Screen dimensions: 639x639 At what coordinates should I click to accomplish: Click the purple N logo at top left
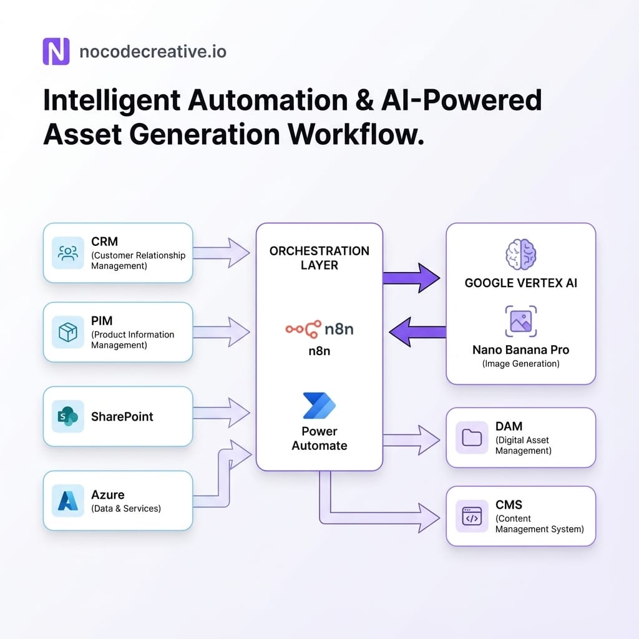click(x=56, y=51)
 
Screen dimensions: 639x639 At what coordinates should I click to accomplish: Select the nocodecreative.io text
click(x=153, y=51)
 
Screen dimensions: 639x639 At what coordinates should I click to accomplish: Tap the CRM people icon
click(x=67, y=253)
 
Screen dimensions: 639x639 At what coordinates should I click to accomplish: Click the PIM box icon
click(x=67, y=332)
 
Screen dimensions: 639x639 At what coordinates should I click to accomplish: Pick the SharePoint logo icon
click(x=67, y=416)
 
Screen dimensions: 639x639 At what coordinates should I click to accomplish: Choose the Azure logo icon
click(x=67, y=500)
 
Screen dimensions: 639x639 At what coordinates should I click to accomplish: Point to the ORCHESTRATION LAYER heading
click(x=319, y=258)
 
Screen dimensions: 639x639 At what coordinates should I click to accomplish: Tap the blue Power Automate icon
click(x=319, y=406)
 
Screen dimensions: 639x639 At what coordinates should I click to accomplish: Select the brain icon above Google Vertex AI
click(x=520, y=255)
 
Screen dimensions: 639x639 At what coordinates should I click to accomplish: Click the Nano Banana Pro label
click(x=520, y=349)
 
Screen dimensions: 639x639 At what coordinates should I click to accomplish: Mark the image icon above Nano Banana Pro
click(x=520, y=321)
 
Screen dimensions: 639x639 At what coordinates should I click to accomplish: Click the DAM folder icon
click(x=471, y=437)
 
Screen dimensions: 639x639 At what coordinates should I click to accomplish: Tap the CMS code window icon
click(x=471, y=516)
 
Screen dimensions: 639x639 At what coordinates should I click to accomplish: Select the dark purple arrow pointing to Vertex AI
click(x=411, y=278)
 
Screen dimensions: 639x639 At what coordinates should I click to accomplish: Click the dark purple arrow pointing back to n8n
click(x=417, y=331)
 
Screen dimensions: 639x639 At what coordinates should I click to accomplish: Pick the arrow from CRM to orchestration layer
click(x=222, y=253)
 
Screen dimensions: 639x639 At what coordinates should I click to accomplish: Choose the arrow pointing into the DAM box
click(x=411, y=440)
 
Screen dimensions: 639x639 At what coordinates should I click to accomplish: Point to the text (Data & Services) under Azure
click(x=125, y=509)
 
